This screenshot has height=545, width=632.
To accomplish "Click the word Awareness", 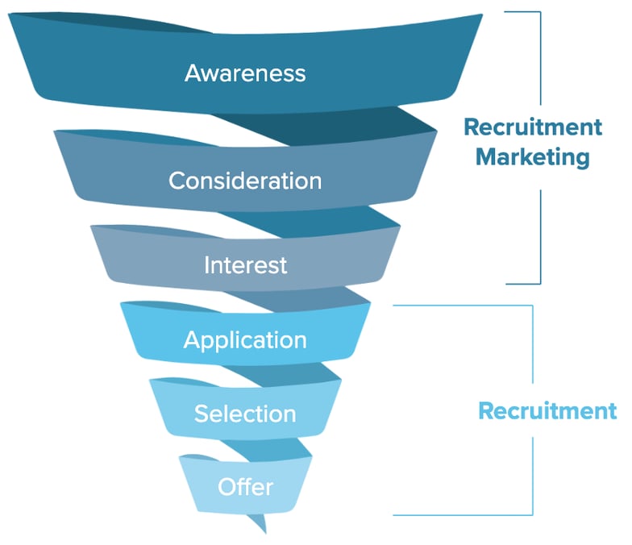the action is click(245, 73).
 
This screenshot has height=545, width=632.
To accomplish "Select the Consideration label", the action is click(245, 181).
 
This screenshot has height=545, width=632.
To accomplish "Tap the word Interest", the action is click(245, 265).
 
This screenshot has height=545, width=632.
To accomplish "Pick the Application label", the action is click(245, 340).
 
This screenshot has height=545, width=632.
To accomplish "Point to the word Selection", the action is click(245, 414).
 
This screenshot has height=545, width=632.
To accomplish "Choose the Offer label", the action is click(245, 487).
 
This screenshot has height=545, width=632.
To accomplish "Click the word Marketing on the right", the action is click(532, 157).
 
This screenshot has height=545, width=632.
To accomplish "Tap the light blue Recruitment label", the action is click(547, 411).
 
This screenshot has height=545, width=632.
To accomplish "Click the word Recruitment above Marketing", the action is click(533, 127).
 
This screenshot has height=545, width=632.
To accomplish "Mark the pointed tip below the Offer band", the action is click(266, 534).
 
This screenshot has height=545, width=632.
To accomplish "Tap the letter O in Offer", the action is click(227, 487).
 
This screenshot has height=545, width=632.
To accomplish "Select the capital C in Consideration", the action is click(177, 181).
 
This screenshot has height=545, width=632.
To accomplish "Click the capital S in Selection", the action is click(202, 414).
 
